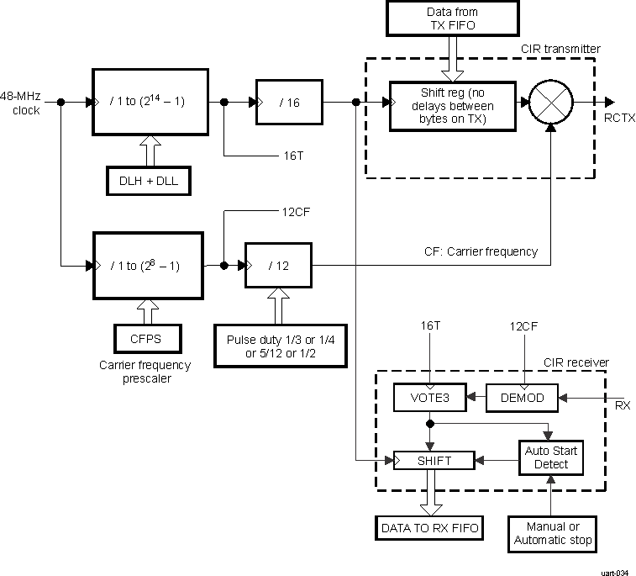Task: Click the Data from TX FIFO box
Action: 454,18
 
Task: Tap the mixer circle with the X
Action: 550,103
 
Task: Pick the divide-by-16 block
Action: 289,103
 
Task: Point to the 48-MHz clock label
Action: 20,103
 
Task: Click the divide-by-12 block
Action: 278,266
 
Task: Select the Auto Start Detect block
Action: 550,457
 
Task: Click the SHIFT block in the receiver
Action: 434,461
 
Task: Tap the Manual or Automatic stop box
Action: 551,533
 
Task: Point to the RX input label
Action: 623,405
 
